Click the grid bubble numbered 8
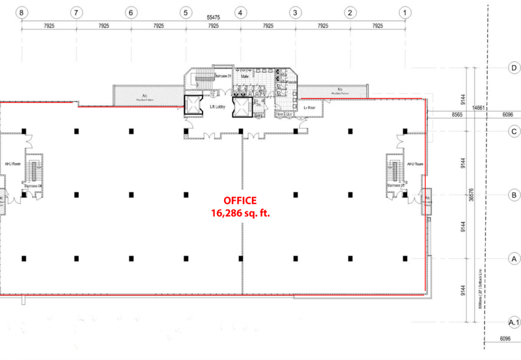click(22, 12)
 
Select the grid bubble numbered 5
click(186, 12)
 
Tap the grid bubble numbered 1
click(405, 12)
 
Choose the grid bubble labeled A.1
click(513, 322)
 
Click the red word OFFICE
click(240, 201)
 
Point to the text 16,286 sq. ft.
click(240, 213)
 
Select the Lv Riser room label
click(310, 108)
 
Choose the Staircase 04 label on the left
click(33, 186)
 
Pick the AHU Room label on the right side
click(415, 164)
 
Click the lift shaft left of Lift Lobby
click(193, 106)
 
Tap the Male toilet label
click(246, 76)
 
